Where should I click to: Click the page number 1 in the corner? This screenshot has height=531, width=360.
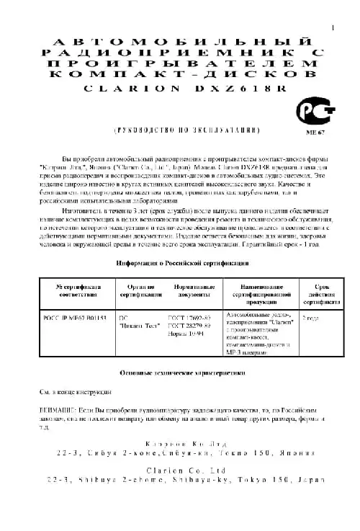(x=333, y=28)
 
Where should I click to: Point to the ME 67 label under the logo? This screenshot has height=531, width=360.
(x=315, y=133)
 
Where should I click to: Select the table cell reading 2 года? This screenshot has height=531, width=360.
(x=310, y=317)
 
